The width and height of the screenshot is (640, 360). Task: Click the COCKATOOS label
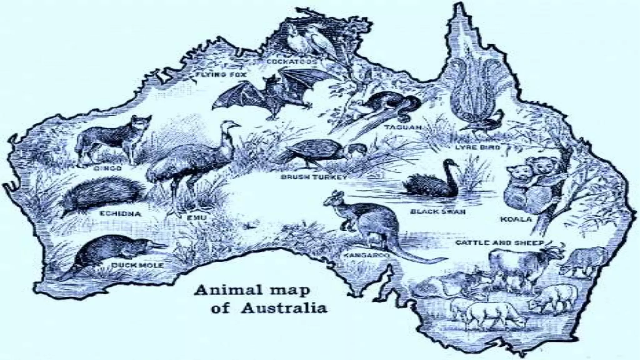tap(292, 62)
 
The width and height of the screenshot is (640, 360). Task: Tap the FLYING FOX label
tap(221, 75)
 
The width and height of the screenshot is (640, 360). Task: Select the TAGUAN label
tap(403, 127)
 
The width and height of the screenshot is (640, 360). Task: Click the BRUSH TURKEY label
tap(314, 177)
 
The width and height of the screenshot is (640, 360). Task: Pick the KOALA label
tap(516, 219)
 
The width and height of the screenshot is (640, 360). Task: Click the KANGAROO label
tap(367, 256)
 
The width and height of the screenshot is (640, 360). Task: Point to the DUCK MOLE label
tap(138, 265)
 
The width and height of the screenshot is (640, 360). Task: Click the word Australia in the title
tap(284, 308)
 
